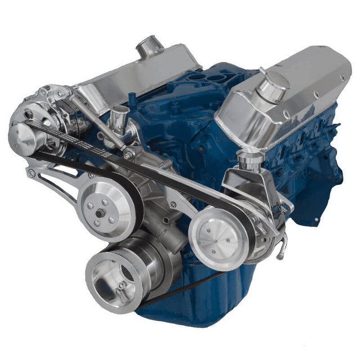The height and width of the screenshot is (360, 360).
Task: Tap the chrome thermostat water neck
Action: coord(120,118)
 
